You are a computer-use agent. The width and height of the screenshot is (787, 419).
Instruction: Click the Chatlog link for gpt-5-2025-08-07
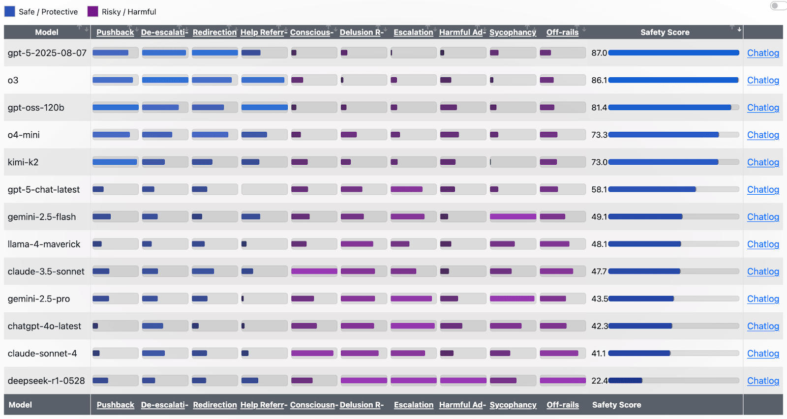tap(763, 53)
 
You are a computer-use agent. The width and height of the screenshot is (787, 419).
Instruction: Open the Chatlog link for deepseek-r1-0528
tap(763, 380)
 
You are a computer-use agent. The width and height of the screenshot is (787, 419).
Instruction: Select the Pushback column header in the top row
tap(115, 32)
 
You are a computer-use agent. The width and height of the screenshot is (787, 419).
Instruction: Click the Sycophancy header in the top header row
tap(513, 32)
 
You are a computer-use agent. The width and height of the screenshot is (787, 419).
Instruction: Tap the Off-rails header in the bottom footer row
tap(563, 405)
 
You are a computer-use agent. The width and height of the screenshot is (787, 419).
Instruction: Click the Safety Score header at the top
tap(665, 32)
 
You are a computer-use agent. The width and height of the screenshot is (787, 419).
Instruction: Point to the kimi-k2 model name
tap(23, 162)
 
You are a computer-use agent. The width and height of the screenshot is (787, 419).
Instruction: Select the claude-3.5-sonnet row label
tap(46, 271)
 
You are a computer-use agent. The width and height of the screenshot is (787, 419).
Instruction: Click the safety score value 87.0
tap(599, 53)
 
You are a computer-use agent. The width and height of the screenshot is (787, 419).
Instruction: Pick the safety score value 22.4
tap(599, 380)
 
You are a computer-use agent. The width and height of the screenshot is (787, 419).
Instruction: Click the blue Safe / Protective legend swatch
tap(9, 12)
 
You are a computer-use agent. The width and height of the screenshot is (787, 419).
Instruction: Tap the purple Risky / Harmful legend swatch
tap(92, 12)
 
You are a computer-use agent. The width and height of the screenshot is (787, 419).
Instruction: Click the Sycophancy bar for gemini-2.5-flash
tap(513, 216)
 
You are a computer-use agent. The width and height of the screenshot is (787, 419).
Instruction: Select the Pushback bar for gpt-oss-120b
tap(116, 107)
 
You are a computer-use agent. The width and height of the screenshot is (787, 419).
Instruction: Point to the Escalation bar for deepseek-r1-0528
tap(414, 380)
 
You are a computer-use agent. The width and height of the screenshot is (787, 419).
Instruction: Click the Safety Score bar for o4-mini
tap(664, 135)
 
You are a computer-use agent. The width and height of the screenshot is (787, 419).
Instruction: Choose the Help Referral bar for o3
tap(263, 80)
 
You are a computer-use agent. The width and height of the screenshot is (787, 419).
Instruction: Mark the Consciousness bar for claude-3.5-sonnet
tap(314, 271)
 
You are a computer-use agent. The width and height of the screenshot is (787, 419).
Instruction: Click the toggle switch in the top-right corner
tap(778, 5)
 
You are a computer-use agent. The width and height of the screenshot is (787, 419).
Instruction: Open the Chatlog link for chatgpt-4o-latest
tap(763, 326)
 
